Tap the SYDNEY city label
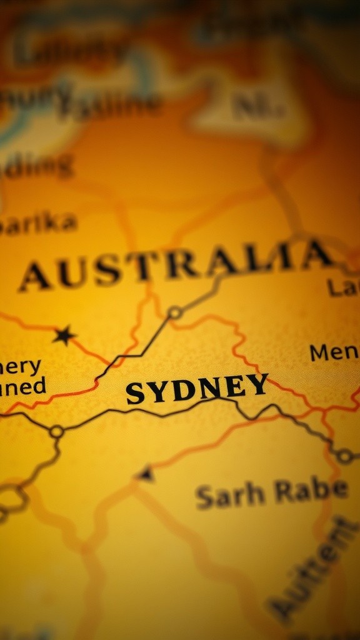197,389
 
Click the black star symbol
64,336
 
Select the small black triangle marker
146,474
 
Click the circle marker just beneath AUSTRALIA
175,312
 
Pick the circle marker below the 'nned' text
57,431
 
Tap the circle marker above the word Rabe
344,456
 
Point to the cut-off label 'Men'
334,353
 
